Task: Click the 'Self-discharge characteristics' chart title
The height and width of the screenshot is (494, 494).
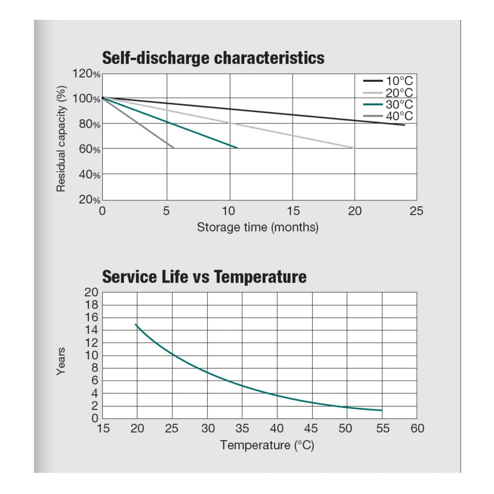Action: point(213,58)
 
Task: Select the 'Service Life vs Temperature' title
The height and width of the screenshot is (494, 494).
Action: point(204,277)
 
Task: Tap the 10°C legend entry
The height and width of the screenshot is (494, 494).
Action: point(388,81)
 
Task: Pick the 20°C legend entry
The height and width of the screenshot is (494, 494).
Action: point(388,93)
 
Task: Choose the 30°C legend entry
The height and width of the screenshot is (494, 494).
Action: point(388,104)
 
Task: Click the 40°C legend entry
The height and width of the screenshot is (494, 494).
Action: point(388,116)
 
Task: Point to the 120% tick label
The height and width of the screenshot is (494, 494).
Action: point(86,74)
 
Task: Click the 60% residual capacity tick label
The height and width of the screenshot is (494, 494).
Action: point(89,149)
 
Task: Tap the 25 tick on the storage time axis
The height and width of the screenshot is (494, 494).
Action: point(416,211)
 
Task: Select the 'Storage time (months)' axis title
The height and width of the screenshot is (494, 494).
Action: point(258,227)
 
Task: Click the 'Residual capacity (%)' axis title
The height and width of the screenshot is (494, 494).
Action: point(61,139)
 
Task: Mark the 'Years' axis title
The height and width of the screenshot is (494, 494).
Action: point(61,362)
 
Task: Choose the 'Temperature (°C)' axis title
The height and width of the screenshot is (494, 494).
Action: point(267,445)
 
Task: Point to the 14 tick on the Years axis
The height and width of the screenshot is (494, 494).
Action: point(91,330)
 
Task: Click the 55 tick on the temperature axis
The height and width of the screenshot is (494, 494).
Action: point(382,429)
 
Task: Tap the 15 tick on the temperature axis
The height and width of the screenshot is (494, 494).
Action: point(103,429)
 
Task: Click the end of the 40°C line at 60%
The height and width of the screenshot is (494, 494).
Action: point(174,148)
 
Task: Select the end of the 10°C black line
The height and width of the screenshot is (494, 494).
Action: point(405,125)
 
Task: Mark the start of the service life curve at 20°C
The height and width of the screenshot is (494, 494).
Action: point(135,324)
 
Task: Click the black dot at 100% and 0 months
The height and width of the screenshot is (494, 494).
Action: point(103,98)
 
